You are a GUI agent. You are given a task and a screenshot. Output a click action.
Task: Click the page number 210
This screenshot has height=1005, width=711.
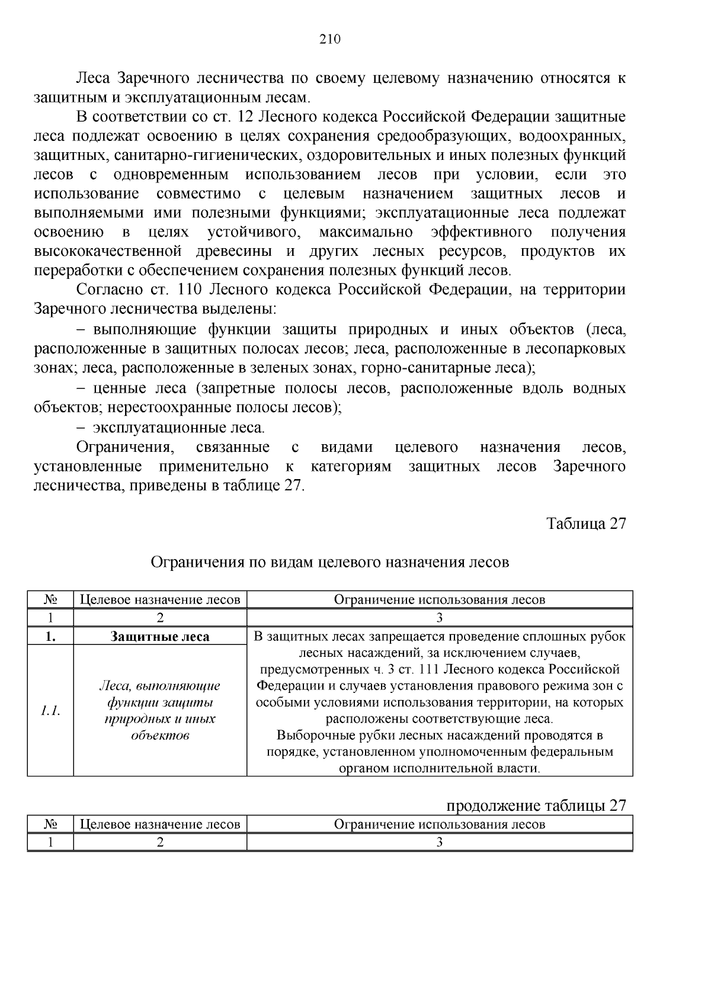(x=330, y=40)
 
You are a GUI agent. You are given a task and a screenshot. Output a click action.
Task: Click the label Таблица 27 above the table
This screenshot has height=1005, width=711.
(x=585, y=524)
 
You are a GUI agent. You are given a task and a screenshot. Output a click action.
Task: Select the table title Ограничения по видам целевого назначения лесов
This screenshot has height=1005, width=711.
(x=330, y=562)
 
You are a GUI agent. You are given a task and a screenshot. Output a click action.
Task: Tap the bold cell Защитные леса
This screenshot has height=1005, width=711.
(x=160, y=637)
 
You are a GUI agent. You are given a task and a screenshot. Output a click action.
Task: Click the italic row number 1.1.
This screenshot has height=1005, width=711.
(x=50, y=711)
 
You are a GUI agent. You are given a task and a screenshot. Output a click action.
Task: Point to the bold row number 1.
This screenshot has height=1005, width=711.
(x=50, y=637)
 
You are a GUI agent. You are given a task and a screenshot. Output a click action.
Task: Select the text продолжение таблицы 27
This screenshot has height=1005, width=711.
(x=536, y=806)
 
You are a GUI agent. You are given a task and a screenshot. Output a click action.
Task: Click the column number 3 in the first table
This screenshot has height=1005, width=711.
(x=439, y=618)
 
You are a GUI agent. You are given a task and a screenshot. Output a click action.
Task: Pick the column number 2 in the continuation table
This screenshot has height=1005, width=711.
(x=160, y=843)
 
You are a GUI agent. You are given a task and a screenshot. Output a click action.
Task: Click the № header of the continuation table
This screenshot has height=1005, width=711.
(x=50, y=824)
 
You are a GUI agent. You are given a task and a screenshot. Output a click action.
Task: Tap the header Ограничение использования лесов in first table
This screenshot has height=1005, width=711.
(x=439, y=599)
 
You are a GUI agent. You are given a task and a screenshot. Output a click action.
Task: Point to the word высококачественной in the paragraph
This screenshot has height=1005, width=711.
(x=107, y=252)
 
